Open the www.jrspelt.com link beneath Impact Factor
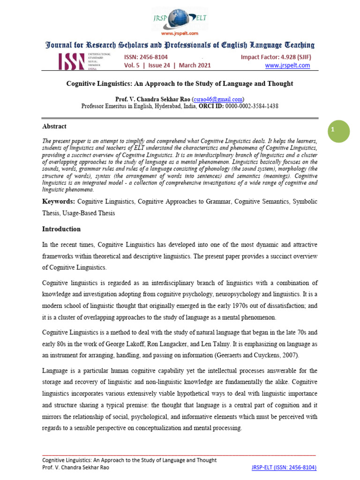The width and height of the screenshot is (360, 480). tap(287, 66)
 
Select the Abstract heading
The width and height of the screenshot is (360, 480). tap(54, 127)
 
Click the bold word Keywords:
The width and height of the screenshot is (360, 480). tap(59, 201)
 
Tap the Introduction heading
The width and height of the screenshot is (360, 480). tap(61, 229)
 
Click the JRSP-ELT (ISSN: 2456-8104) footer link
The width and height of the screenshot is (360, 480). tap(285, 467)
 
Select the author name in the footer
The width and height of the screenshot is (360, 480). tap(77, 467)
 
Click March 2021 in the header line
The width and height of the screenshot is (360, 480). tap(194, 66)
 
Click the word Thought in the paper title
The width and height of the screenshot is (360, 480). tap(278, 83)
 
